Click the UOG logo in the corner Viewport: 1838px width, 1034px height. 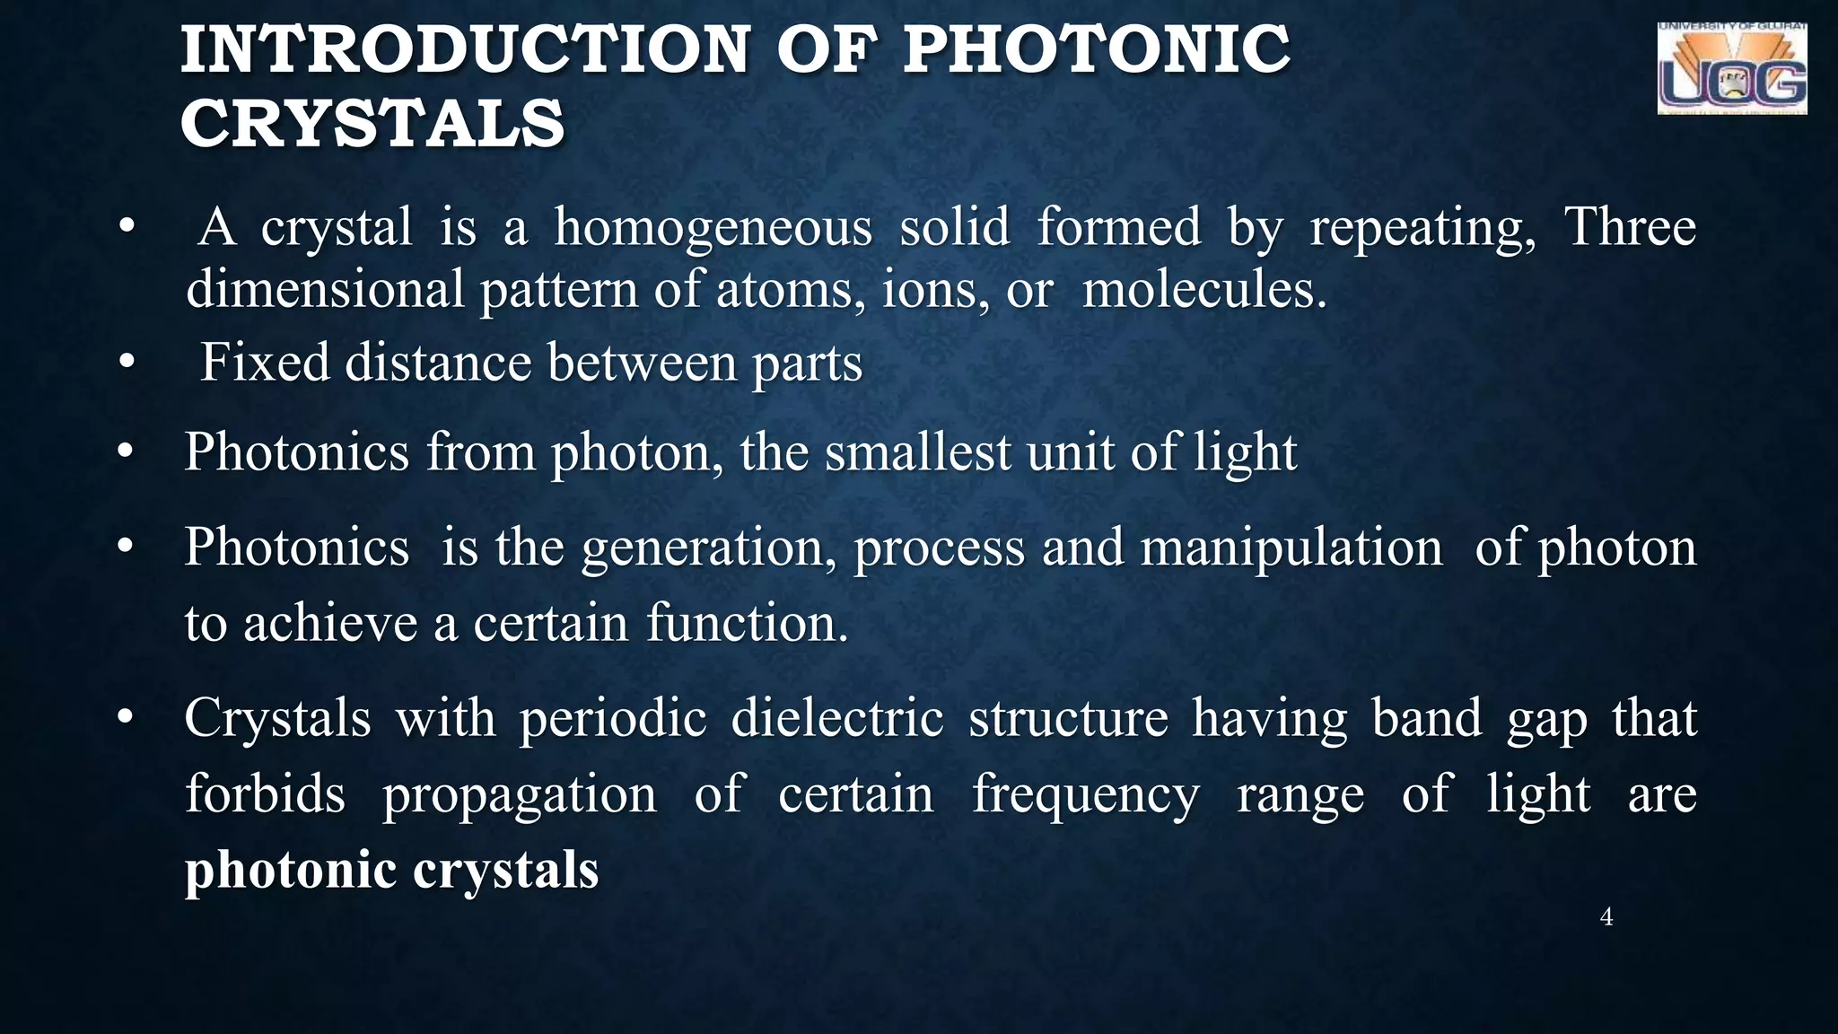[1731, 70]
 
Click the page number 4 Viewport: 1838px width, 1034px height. [1606, 916]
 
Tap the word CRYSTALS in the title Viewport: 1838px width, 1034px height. [372, 124]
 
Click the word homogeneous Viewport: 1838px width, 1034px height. [713, 227]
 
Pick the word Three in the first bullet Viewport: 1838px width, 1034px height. [1630, 227]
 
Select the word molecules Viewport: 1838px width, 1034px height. [1203, 290]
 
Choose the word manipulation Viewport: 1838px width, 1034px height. [1291, 548]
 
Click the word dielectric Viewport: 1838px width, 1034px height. [836, 718]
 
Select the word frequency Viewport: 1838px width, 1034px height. [1086, 794]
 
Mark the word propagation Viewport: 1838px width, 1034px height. [520, 796]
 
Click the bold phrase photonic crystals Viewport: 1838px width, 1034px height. [391, 871]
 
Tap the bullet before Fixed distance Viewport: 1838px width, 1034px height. [127, 363]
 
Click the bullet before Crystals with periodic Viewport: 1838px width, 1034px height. [127, 718]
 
